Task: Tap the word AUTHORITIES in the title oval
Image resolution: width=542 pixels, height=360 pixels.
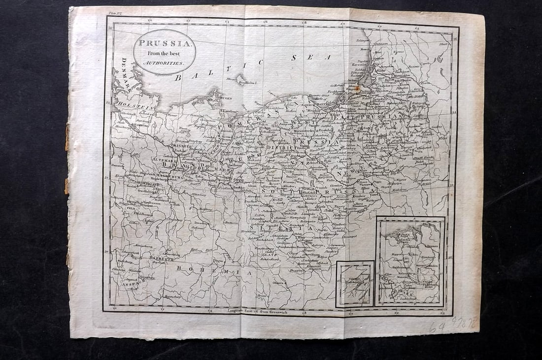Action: pos(164,64)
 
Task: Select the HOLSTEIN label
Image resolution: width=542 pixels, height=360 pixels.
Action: pos(130,105)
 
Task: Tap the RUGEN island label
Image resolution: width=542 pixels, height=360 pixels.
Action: pos(225,98)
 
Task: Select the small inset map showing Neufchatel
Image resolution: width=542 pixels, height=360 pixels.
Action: pos(355,284)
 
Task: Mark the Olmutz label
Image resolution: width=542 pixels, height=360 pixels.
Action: pos(279,283)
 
